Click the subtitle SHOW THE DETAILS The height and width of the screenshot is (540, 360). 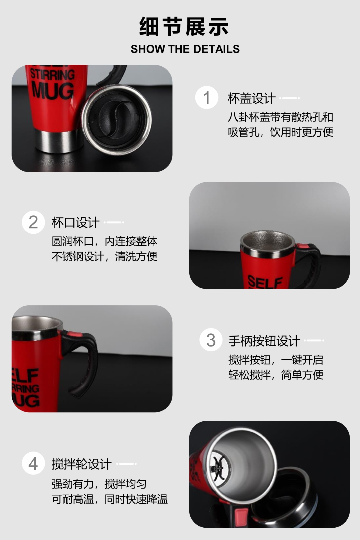pos(185,49)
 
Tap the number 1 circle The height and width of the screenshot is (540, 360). pos(207,98)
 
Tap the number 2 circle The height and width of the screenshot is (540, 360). pos(33,222)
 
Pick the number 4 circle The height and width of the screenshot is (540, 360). pos(33,463)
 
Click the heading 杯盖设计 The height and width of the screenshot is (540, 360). pos(251,98)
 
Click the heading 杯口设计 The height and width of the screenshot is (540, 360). pos(75,222)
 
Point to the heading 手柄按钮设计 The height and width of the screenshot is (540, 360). pos(264,341)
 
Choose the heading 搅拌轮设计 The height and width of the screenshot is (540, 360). pos(82,464)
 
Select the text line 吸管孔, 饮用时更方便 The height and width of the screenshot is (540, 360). pos(280,132)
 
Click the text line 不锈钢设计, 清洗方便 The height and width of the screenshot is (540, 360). pos(104,256)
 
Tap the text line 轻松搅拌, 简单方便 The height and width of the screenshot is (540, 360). pos(276,375)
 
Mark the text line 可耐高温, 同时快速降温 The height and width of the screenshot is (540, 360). pos(110,499)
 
